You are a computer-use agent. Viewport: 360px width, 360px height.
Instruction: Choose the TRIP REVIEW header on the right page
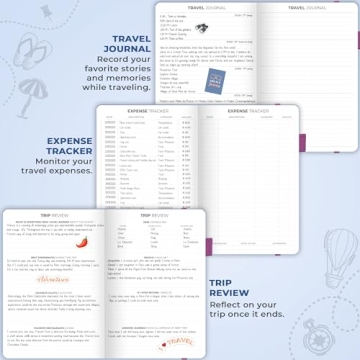(153, 215)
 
